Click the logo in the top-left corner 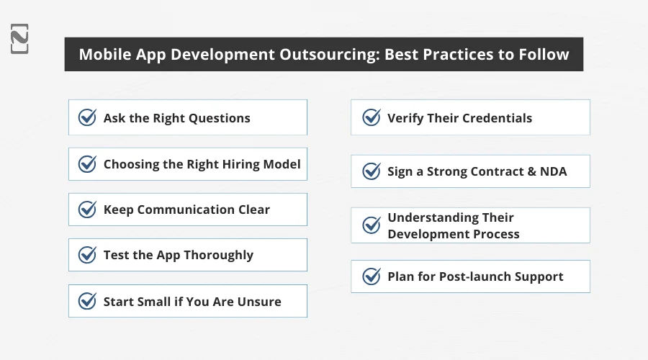coord(19,39)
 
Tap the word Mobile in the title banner coord(105,55)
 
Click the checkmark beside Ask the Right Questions coord(88,117)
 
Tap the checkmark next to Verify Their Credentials coord(372,117)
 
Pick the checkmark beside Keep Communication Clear coord(88,209)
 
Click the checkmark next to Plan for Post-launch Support coord(372,276)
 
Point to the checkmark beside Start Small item coord(88,301)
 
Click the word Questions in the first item coord(220,119)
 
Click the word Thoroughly coord(219,256)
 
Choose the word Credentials coord(497,118)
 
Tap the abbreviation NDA coord(554,171)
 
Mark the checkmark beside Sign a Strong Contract coord(372,171)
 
